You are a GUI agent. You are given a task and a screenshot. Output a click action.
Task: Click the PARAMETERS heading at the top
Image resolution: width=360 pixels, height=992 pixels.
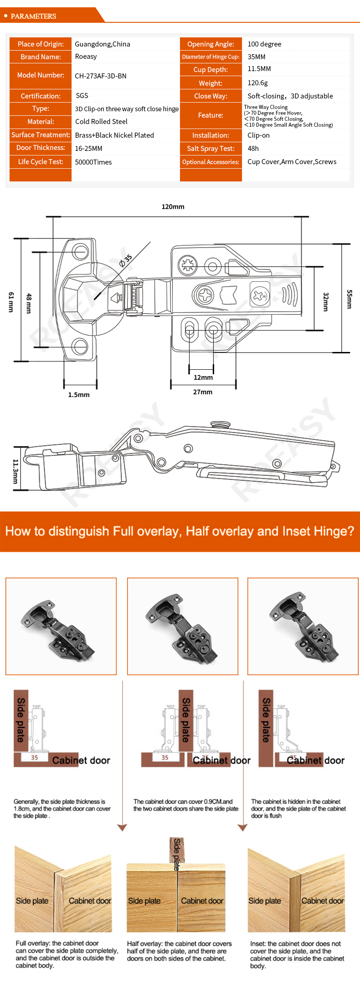tap(33, 16)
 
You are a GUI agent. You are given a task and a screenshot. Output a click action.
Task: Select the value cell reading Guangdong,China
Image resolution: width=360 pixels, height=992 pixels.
tap(103, 44)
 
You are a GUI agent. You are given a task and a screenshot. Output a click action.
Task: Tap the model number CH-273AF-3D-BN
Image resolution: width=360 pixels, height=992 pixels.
tap(101, 76)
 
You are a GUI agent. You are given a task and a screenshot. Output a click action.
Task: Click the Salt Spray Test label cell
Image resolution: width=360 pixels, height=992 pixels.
tap(211, 149)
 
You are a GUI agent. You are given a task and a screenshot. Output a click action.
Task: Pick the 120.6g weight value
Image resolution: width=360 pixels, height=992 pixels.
tap(257, 83)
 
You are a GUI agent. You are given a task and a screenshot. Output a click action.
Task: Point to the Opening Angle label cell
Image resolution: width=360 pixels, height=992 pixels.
tap(211, 44)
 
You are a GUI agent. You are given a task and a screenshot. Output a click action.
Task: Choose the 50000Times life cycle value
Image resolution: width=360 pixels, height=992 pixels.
tap(93, 162)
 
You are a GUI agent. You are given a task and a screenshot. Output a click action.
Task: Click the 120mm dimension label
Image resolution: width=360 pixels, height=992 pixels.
tap(173, 207)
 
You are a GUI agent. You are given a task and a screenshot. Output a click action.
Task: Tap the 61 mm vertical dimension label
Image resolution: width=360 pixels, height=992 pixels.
tap(11, 302)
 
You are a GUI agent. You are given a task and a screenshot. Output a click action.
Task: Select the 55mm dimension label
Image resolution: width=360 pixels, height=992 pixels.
tap(350, 299)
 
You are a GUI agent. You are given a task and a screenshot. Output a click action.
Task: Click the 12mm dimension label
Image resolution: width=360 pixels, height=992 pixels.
tap(203, 377)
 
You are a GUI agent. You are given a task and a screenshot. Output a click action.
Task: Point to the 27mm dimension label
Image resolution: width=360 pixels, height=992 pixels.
tap(203, 392)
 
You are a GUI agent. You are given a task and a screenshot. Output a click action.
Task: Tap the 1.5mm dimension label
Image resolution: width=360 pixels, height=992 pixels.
tap(79, 395)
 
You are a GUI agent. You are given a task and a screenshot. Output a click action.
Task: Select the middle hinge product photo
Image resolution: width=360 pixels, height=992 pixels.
tap(183, 626)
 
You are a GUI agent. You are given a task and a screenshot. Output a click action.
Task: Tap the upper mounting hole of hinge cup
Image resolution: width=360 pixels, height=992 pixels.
tap(81, 251)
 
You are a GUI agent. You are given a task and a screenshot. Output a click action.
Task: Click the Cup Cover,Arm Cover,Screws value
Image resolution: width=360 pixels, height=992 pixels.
tap(292, 162)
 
